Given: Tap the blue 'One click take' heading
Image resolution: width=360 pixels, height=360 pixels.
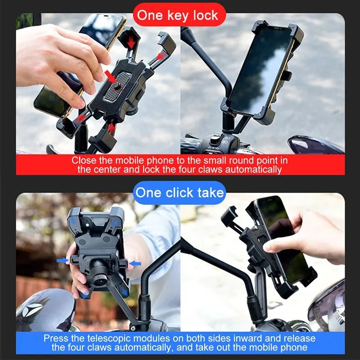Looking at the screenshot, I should click(180, 193).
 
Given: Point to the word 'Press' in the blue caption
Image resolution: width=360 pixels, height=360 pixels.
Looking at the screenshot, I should click(55, 338).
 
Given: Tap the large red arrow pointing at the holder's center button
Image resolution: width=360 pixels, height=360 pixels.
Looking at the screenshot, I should click(110, 75).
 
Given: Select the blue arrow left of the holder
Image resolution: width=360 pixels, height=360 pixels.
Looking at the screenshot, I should click(63, 261).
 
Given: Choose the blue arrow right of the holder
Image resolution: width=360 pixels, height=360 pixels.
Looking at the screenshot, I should click(135, 263).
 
